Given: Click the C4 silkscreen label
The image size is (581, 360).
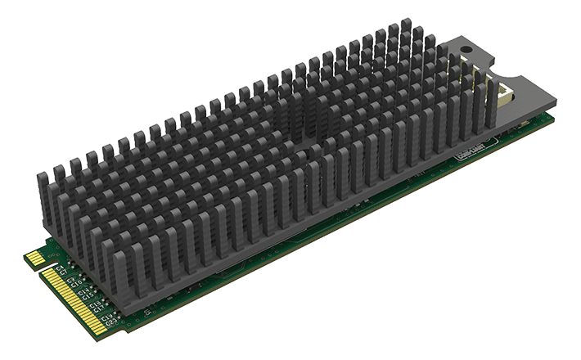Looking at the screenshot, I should click(x=60, y=268).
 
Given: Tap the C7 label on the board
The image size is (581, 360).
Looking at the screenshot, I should click(x=64, y=273).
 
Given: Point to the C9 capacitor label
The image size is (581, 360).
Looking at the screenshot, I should click(x=71, y=279).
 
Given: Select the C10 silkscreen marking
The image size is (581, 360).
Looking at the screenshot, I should click(x=77, y=284).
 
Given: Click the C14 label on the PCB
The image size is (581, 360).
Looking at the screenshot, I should click(x=83, y=291).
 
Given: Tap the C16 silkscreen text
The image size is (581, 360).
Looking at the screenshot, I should click(x=94, y=304).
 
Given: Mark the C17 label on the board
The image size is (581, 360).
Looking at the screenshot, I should click(x=99, y=309).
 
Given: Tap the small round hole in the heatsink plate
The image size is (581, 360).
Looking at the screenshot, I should click(x=466, y=49).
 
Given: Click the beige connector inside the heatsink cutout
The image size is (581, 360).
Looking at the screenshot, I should click(x=506, y=94).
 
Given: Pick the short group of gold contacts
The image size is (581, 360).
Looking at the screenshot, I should click(x=36, y=259).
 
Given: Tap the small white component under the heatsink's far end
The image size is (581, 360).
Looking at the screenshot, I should click(x=522, y=124).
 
